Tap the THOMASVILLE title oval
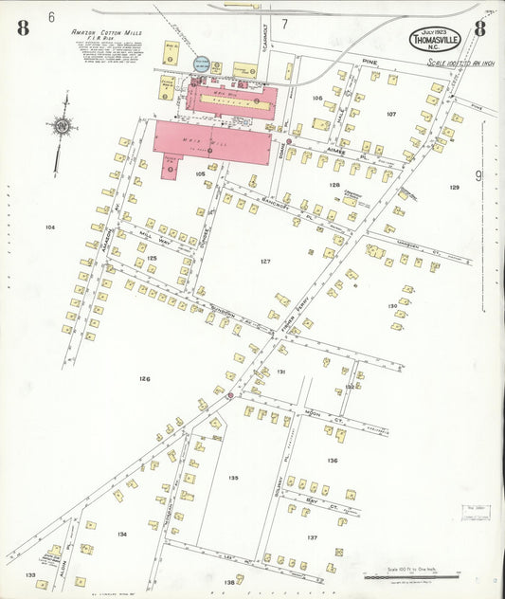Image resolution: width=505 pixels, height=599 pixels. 436,39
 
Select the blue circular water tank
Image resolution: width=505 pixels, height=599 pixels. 202,64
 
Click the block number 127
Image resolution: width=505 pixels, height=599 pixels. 265,261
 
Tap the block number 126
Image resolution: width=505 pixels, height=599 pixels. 144,379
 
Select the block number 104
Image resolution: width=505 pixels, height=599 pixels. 49,227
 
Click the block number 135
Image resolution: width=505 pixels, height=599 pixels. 234,478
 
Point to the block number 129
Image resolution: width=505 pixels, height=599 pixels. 455,188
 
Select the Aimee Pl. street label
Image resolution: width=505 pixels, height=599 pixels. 338,151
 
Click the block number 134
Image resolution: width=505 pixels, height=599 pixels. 121,535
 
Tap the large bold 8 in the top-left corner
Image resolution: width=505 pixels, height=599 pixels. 23,27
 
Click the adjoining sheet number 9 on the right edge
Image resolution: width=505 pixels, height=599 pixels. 478,174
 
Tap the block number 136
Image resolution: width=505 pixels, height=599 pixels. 332,461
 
